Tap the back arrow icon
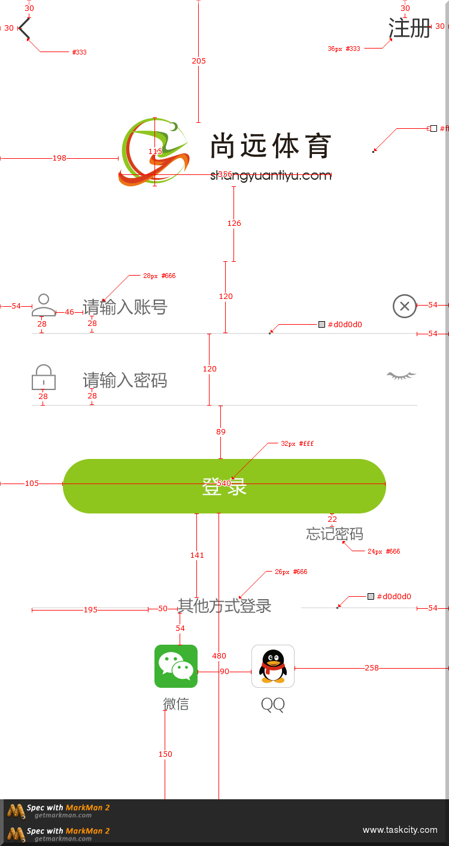(x=25, y=28)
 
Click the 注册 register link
(x=409, y=28)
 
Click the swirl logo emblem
(x=154, y=152)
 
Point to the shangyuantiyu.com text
(x=271, y=175)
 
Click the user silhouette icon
(x=43, y=305)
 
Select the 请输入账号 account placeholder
(x=125, y=307)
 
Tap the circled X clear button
(x=405, y=306)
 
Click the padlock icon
(x=43, y=377)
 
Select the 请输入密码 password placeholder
(x=125, y=380)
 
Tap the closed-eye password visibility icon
(x=402, y=376)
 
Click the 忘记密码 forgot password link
(x=335, y=534)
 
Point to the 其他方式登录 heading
(x=225, y=606)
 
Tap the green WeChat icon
(x=176, y=666)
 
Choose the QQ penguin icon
(x=273, y=666)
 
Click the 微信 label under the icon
(x=176, y=704)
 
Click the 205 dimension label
(x=199, y=61)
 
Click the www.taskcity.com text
(x=400, y=830)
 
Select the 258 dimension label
(x=372, y=667)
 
